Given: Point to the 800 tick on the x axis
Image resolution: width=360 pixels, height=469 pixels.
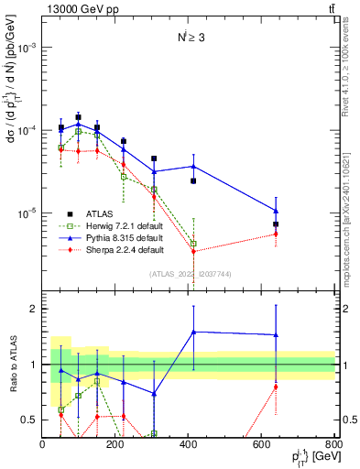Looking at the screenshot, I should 335,436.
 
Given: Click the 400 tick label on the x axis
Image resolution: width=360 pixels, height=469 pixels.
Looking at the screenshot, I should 189,445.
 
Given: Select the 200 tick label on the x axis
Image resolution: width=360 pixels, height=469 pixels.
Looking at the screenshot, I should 115,445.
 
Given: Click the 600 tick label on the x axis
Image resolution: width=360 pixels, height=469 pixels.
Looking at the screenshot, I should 262,445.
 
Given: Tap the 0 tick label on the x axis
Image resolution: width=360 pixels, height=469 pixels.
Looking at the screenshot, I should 42,445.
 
